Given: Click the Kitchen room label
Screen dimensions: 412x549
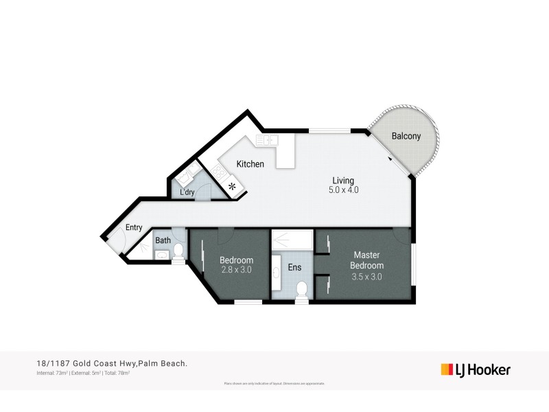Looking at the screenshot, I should click(x=250, y=164).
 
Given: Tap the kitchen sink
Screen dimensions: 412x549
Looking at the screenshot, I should click(x=266, y=140).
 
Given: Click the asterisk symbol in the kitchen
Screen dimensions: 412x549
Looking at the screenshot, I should click(x=233, y=186).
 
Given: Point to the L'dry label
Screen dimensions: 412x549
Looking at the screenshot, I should click(x=187, y=193).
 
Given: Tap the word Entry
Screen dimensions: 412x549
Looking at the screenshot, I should click(x=133, y=227).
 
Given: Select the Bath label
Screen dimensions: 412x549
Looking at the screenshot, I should click(x=163, y=240).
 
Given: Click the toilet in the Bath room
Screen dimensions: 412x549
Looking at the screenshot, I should click(x=178, y=251).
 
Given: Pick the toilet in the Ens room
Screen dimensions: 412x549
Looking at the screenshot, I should click(x=301, y=293).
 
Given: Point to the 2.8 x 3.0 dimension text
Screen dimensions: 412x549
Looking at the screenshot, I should click(x=237, y=271).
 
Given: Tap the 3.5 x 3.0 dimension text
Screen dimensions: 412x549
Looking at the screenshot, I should click(x=366, y=277).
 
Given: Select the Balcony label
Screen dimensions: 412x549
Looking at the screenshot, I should click(x=406, y=136).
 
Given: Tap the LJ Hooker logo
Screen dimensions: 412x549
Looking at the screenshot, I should click(x=475, y=369).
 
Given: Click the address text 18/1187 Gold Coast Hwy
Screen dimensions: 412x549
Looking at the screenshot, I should click(x=83, y=364).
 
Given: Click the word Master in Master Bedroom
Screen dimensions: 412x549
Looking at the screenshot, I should click(x=366, y=255).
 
